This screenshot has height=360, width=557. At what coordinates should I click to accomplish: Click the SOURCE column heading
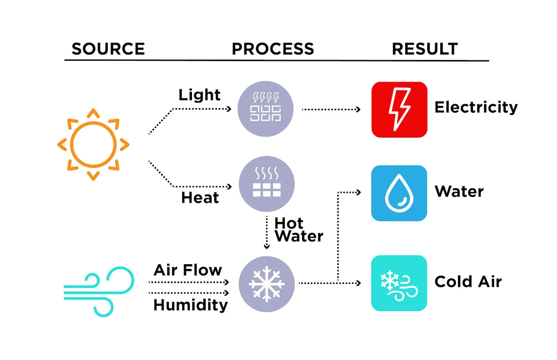(x=108, y=49)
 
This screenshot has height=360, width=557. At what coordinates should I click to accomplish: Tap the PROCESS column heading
(x=273, y=49)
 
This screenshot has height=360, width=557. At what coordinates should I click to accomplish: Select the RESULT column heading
(x=425, y=49)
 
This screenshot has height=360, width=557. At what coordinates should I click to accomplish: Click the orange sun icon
(x=93, y=145)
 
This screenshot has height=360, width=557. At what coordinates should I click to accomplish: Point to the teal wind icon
(x=99, y=291)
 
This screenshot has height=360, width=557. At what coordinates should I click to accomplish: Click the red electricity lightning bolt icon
(x=399, y=110)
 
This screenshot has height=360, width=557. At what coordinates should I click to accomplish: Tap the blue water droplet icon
(x=399, y=193)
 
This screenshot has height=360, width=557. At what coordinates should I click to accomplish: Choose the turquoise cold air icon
(x=399, y=283)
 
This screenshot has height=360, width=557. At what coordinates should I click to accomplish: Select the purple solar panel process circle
(x=265, y=109)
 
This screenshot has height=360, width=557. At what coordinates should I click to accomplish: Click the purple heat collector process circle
(x=267, y=184)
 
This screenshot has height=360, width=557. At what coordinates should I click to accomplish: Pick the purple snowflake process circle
(x=267, y=284)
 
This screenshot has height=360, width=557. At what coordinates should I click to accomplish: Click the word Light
(x=200, y=95)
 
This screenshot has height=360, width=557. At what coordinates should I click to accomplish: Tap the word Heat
(x=200, y=198)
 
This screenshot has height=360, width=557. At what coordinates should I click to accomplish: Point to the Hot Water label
(x=298, y=230)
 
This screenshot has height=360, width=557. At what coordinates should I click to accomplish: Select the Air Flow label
(x=188, y=270)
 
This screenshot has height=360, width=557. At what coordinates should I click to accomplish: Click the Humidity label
(x=190, y=305)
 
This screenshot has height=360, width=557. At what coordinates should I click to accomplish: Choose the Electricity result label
(x=476, y=107)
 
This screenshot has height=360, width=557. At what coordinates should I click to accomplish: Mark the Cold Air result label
(x=468, y=282)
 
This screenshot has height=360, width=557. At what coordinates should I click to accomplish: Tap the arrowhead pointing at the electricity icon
(x=358, y=109)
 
